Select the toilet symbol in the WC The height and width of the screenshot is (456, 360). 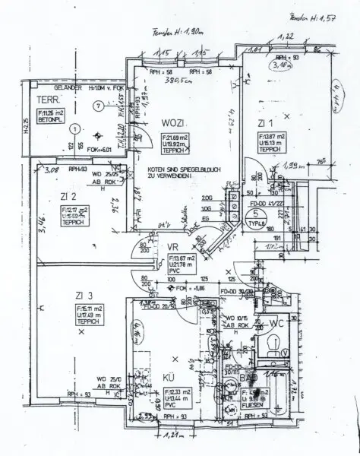273,347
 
